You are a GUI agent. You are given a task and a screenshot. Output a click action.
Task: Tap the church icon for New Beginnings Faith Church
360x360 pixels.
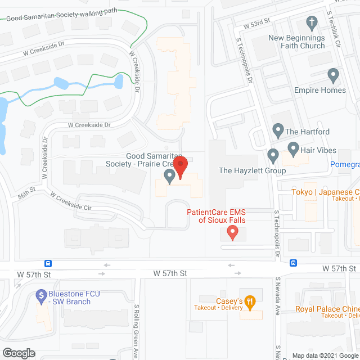point(310,23)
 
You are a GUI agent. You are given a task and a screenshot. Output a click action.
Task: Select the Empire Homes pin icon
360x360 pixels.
point(334,75)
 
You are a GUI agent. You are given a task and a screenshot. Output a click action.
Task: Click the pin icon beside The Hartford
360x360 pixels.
point(277,131)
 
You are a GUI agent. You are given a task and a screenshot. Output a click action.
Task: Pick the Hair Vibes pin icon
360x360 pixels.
point(293,149)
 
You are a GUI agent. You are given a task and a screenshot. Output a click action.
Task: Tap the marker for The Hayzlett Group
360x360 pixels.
point(273,155)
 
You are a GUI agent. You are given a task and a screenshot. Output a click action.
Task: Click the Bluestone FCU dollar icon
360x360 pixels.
point(40,294)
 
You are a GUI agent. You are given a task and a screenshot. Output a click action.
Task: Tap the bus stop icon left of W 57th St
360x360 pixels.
point(49,263)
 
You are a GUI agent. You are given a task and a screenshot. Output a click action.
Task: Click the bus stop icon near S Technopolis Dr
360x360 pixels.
point(293,263)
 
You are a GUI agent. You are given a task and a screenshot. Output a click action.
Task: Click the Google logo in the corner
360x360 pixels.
point(19,353)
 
